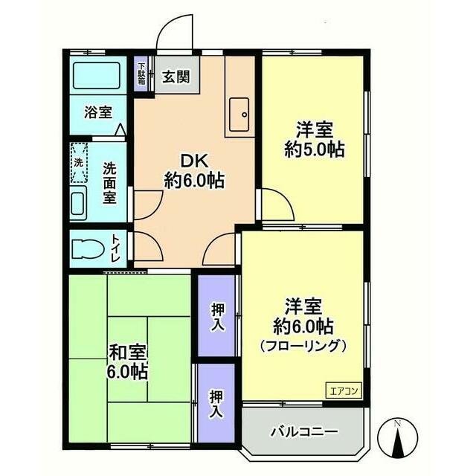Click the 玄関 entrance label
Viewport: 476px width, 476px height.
(x=177, y=76)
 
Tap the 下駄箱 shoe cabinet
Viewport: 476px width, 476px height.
(x=141, y=74)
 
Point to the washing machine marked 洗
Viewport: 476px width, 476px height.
(x=79, y=163)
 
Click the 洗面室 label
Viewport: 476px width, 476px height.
(x=109, y=182)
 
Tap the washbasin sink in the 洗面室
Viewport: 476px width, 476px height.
(x=78, y=203)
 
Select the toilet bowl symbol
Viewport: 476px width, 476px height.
(x=89, y=248)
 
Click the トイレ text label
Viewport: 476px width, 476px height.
(x=118, y=248)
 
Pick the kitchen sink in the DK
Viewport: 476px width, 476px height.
(x=240, y=114)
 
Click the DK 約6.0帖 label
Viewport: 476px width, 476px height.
(x=194, y=170)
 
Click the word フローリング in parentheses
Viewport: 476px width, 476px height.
(x=303, y=345)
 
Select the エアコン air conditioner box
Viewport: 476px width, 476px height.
(x=343, y=389)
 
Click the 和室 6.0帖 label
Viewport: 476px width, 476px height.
(x=128, y=360)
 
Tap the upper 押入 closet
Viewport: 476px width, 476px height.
(x=216, y=316)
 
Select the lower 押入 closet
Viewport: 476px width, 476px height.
(x=216, y=402)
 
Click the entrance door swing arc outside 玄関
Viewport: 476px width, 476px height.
(x=176, y=33)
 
